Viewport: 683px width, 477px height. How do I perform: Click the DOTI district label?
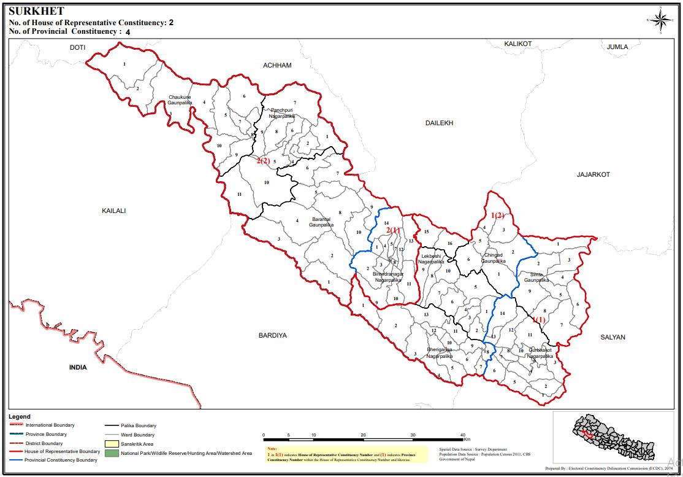pyautogui.click(x=77, y=47)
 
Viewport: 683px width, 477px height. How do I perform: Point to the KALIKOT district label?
pyautogui.click(x=517, y=44)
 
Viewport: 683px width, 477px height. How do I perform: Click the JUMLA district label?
pyautogui.click(x=617, y=47)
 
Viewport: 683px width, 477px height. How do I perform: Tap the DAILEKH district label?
pyautogui.click(x=439, y=123)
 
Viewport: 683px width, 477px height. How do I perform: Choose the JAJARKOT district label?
pyautogui.click(x=593, y=174)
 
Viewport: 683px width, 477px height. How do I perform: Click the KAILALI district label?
pyautogui.click(x=113, y=211)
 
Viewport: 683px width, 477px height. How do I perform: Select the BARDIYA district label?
pyautogui.click(x=273, y=336)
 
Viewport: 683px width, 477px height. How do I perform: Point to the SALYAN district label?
pyautogui.click(x=612, y=337)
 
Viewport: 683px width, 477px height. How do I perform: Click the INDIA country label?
pyautogui.click(x=78, y=367)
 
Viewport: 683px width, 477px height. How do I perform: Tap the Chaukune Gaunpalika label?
pyautogui.click(x=180, y=100)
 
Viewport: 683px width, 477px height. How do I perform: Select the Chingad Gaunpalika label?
pyautogui.click(x=494, y=257)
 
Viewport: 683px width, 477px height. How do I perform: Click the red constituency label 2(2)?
pyautogui.click(x=263, y=161)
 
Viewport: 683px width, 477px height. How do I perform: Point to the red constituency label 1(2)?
pyautogui.click(x=497, y=215)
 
